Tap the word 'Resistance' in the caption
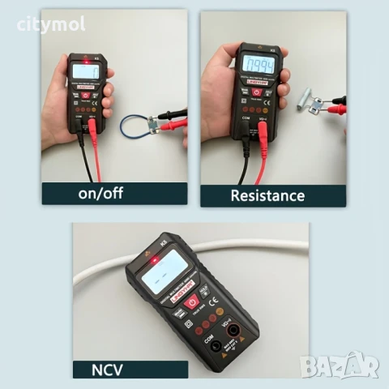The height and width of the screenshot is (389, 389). (x=267, y=195)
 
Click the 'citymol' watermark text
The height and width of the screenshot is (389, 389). (x=51, y=25)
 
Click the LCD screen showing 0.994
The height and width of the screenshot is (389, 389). (x=256, y=65)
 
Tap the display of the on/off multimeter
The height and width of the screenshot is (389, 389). (x=85, y=71)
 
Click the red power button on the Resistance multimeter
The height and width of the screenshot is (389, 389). (x=257, y=92)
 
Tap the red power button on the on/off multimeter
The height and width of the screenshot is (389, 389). (x=86, y=95)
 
